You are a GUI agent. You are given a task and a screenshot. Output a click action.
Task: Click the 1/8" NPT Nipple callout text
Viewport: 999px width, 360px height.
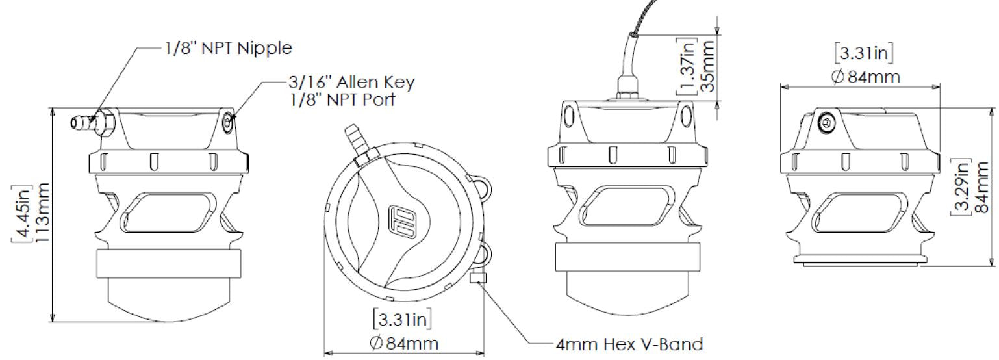tap(228, 47)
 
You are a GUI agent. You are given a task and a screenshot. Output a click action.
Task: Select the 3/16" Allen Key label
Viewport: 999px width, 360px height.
tap(352, 82)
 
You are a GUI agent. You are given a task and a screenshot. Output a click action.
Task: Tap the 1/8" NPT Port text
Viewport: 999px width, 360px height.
tap(342, 99)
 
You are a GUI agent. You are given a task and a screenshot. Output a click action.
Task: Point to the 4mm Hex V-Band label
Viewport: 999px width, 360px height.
tap(629, 344)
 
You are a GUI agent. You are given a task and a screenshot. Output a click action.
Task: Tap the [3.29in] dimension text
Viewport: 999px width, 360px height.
tap(962, 186)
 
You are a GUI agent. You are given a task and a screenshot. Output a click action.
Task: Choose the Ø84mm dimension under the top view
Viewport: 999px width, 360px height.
tap(404, 343)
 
